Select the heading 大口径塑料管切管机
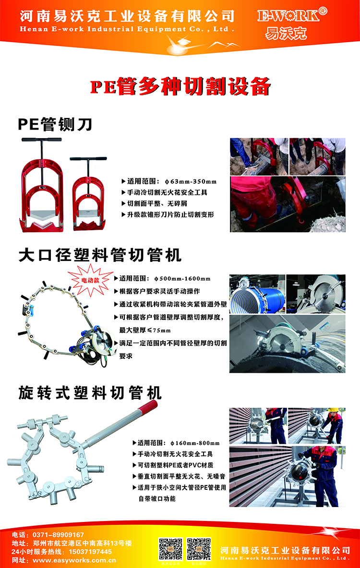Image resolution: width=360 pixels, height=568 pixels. pyautogui.click(x=100, y=254)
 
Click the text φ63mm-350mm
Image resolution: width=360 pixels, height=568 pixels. pyautogui.click(x=191, y=182)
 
